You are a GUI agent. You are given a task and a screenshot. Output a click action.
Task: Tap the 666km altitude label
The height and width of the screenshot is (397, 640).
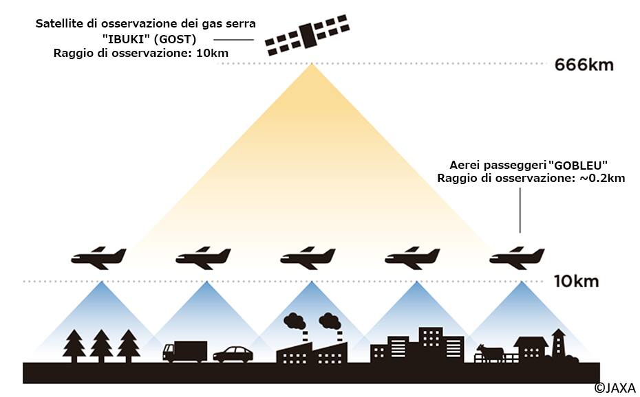(x=584, y=66)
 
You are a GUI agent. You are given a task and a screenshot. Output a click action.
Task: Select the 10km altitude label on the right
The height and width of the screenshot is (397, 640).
(x=576, y=282)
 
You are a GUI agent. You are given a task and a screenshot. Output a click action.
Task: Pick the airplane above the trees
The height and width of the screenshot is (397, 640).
(x=98, y=258)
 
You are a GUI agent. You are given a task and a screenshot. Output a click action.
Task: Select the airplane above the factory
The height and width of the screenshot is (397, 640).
(x=308, y=258)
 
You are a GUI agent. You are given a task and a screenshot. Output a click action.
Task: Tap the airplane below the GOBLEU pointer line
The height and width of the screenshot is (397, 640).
(x=517, y=258)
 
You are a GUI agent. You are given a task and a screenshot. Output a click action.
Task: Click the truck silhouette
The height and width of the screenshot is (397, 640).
(x=184, y=351)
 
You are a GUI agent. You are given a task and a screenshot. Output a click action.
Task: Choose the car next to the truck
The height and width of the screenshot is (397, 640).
(x=233, y=354)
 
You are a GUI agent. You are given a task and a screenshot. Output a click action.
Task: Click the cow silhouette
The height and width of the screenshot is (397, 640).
(x=490, y=353)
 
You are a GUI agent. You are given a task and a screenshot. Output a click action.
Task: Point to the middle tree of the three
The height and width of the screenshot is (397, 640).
(x=101, y=345)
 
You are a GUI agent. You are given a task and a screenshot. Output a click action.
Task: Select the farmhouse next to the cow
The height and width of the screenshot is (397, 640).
(x=530, y=348)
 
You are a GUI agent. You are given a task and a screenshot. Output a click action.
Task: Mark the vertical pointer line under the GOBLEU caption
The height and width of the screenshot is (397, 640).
(x=520, y=209)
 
